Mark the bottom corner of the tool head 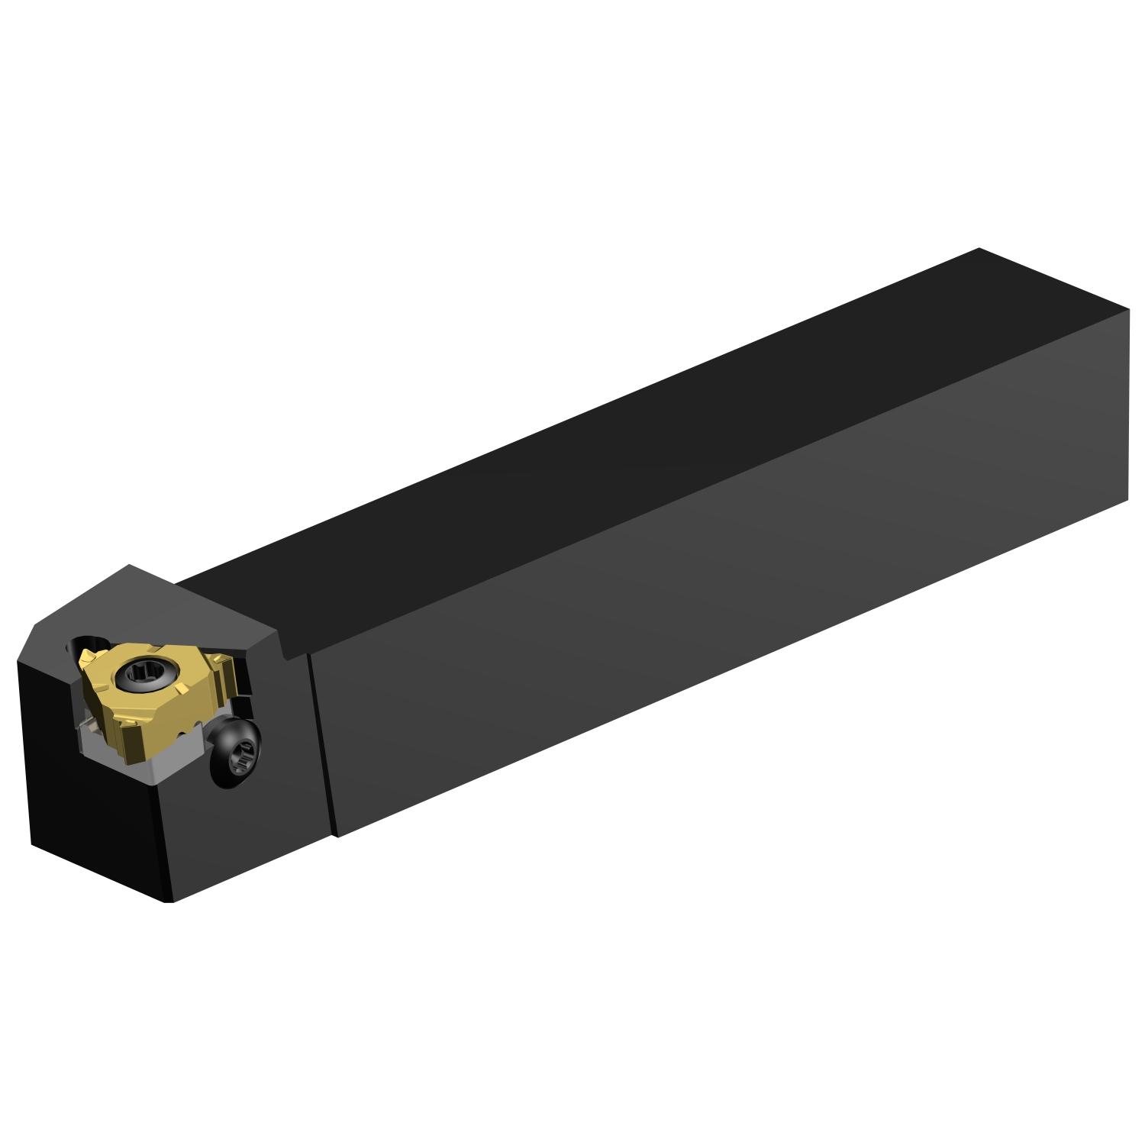(x=169, y=901)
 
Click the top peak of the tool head (x=131, y=565)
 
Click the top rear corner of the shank (x=979, y=249)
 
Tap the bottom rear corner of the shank (x=1127, y=501)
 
